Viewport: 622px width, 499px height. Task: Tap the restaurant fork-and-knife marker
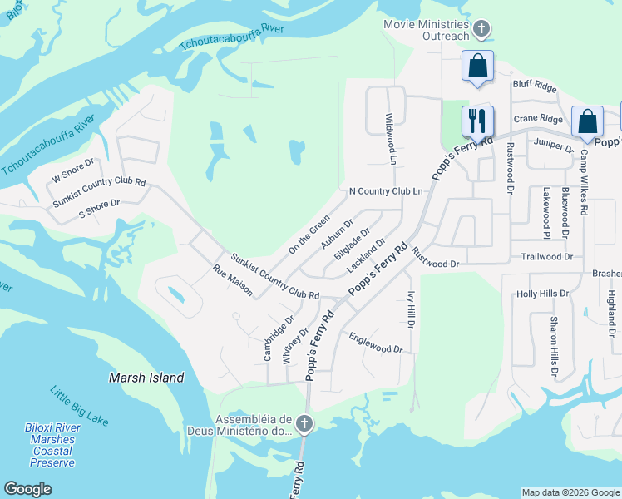[477, 120]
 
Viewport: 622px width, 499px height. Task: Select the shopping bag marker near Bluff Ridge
[478, 67]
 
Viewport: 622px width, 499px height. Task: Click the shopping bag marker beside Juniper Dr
[587, 121]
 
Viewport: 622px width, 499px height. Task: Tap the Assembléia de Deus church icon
[304, 425]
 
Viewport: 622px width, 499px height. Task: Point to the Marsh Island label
[146, 378]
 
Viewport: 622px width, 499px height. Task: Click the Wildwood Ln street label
[389, 138]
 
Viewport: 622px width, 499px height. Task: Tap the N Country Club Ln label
[386, 191]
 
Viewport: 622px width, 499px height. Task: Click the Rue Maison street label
[233, 281]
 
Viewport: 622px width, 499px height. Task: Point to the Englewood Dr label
[376, 343]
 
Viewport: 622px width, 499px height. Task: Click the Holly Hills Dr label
[542, 294]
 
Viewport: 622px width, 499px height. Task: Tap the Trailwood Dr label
[546, 257]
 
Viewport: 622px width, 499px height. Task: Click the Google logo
[27, 489]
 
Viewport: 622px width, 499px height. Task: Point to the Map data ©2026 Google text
[570, 492]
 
